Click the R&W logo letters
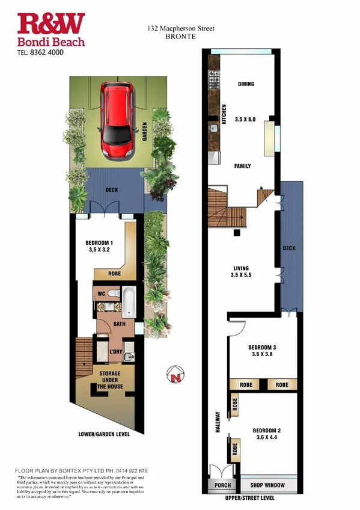pyautogui.click(x=51, y=25)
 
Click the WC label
pyautogui.click(x=102, y=294)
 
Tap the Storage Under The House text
pyautogui.click(x=110, y=380)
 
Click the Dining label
pyautogui.click(x=246, y=84)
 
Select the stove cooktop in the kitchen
pyautogui.click(x=213, y=78)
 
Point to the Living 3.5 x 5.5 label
pyautogui.click(x=242, y=272)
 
